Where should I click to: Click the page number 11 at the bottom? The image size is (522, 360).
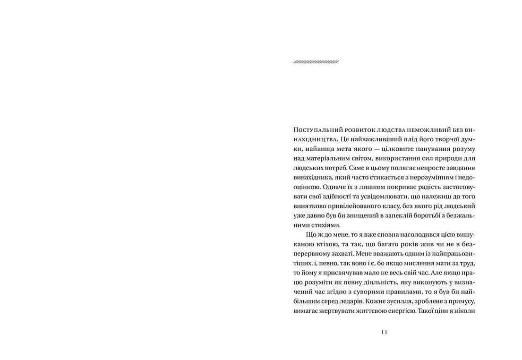384,332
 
